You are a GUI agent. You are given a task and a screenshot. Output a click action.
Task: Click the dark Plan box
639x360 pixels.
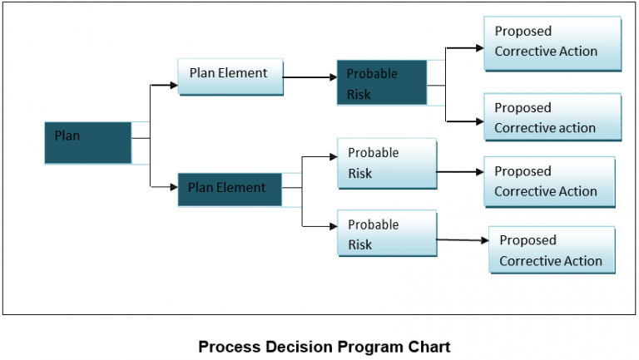tap(87, 142)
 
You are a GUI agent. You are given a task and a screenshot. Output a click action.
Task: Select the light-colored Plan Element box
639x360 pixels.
tap(230, 76)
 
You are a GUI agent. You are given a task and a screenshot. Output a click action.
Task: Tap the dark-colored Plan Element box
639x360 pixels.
tap(229, 189)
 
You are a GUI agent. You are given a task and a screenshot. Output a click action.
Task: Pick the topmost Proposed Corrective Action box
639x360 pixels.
tap(552, 42)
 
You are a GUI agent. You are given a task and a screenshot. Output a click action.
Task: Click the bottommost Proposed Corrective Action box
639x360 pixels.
tap(552, 250)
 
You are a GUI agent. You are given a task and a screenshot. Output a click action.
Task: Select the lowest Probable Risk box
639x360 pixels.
tap(387, 234)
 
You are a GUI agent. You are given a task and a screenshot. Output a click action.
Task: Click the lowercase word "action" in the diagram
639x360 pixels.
tap(577, 128)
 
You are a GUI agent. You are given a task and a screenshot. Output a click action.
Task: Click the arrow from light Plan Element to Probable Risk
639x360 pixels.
tap(310, 77)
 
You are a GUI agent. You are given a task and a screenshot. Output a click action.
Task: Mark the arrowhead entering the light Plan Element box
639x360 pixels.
tap(173, 85)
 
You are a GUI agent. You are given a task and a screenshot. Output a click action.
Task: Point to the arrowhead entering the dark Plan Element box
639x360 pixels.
tap(173, 189)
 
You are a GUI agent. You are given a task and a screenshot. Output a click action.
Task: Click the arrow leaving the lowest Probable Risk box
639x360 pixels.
tap(462, 240)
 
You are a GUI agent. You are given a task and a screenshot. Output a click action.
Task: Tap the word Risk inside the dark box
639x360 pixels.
tap(359, 94)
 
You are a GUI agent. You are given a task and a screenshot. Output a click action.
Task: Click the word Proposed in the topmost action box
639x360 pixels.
tap(523, 31)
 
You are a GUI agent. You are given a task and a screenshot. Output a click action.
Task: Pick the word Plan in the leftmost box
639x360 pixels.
tap(67, 135)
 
